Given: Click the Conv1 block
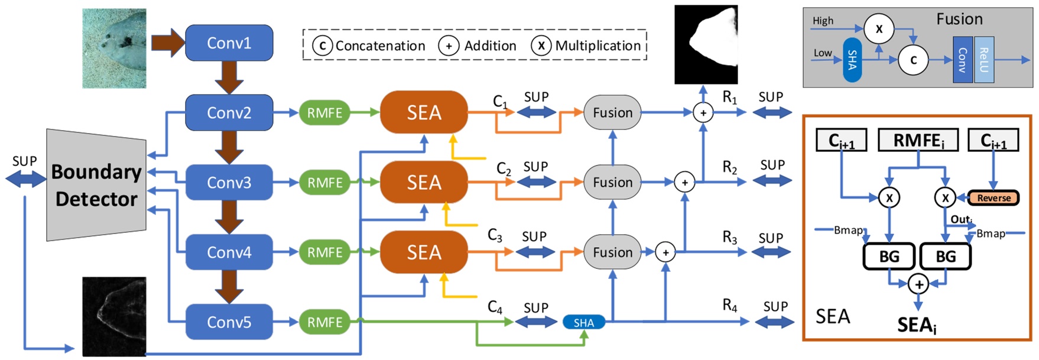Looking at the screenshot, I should [x=229, y=43].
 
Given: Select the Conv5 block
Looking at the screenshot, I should [x=229, y=322].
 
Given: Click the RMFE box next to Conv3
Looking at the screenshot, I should [x=324, y=183].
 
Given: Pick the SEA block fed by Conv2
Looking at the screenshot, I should [x=424, y=112].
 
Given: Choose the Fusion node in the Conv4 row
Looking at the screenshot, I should [x=612, y=252].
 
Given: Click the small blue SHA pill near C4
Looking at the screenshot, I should [x=583, y=322].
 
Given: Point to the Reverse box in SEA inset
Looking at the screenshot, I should [x=993, y=198].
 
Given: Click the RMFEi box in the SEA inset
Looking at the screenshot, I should [x=918, y=141].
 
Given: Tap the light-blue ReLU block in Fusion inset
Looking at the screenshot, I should [x=984, y=60].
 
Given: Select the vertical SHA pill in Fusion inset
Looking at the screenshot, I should [x=852, y=60].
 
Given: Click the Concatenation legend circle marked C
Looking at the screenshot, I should [x=322, y=46].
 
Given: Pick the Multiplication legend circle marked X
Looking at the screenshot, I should [x=541, y=46].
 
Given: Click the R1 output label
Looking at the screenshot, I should [x=730, y=98].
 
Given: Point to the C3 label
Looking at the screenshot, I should [x=495, y=235].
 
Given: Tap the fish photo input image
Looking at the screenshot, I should [x=114, y=48].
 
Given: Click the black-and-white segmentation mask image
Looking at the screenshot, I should [x=706, y=45].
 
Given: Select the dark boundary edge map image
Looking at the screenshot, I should [x=114, y=316].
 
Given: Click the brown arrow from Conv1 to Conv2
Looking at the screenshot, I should [x=229, y=77].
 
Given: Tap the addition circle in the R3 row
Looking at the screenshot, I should [x=665, y=252].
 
